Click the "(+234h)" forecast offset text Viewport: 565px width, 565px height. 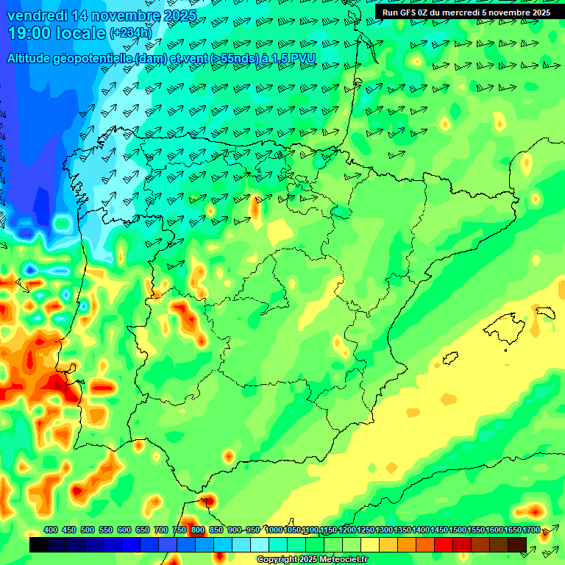131,33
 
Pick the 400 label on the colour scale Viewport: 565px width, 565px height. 51,530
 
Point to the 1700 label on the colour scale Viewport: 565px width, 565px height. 530,530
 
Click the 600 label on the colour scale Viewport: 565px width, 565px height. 124,530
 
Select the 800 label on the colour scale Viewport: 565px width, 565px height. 198,530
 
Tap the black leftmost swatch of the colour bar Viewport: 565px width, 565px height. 39,545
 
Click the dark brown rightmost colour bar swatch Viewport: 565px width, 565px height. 517,545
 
